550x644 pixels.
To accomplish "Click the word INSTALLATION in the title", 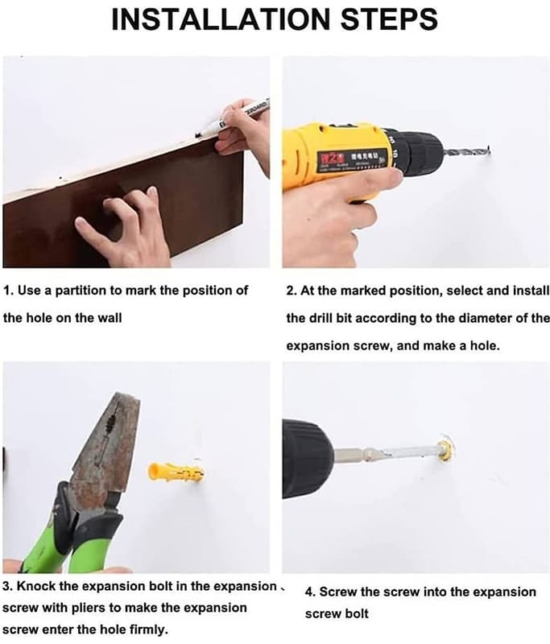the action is [221, 19].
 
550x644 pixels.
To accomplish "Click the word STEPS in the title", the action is [390, 19].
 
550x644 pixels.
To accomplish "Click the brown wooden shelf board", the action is [123, 205].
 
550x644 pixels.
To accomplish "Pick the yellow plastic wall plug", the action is [176, 473].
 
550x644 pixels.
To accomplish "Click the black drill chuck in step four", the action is [308, 459].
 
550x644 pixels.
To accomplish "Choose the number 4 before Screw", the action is [310, 592].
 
